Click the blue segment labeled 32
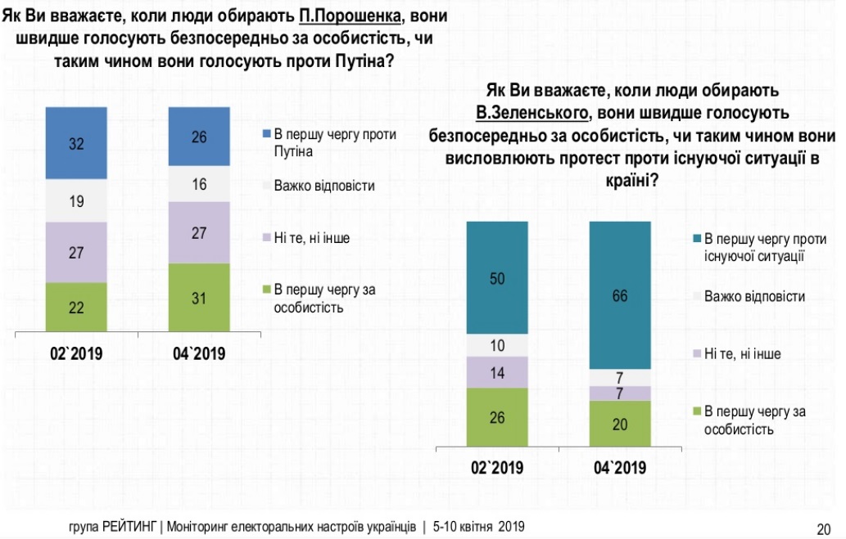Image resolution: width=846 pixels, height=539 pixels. [x=76, y=143]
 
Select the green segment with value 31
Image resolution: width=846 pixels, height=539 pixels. [x=198, y=298]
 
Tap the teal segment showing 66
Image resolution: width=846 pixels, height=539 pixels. [x=620, y=295]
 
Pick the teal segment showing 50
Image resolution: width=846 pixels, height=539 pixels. [x=496, y=278]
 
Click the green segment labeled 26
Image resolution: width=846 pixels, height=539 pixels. [x=496, y=418]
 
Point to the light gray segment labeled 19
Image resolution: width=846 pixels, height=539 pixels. [x=76, y=200]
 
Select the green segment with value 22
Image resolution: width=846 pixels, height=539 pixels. [x=76, y=308]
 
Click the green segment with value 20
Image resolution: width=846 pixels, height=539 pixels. [x=620, y=424]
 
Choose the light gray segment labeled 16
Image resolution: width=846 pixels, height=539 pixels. [x=198, y=185]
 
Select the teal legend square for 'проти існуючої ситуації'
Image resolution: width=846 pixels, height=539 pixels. [x=696, y=239]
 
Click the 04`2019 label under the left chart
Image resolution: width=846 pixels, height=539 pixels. [x=198, y=354]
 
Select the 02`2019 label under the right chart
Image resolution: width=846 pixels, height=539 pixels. [x=496, y=469]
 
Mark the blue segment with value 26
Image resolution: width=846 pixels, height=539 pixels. [x=198, y=137]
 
